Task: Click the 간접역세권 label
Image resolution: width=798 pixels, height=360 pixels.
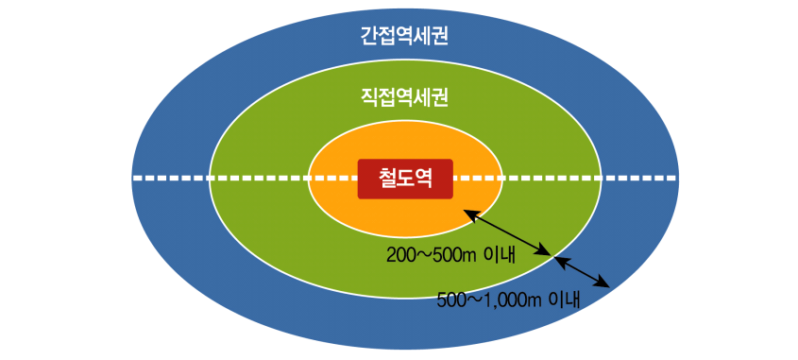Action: [x=403, y=37]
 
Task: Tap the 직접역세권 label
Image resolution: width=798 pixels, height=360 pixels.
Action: [x=403, y=96]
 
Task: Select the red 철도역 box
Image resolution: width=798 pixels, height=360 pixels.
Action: [x=405, y=179]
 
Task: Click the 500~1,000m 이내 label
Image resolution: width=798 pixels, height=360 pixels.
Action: [x=509, y=300]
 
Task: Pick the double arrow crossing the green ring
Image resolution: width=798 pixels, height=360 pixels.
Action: [x=508, y=233]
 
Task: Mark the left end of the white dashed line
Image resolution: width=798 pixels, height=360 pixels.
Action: [x=134, y=178]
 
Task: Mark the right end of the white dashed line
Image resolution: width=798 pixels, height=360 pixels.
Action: [x=674, y=178]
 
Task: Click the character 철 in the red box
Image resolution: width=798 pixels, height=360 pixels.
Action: [x=387, y=179]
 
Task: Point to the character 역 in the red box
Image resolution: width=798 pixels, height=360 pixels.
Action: [x=423, y=179]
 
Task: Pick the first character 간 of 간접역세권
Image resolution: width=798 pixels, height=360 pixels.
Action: [x=369, y=37]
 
